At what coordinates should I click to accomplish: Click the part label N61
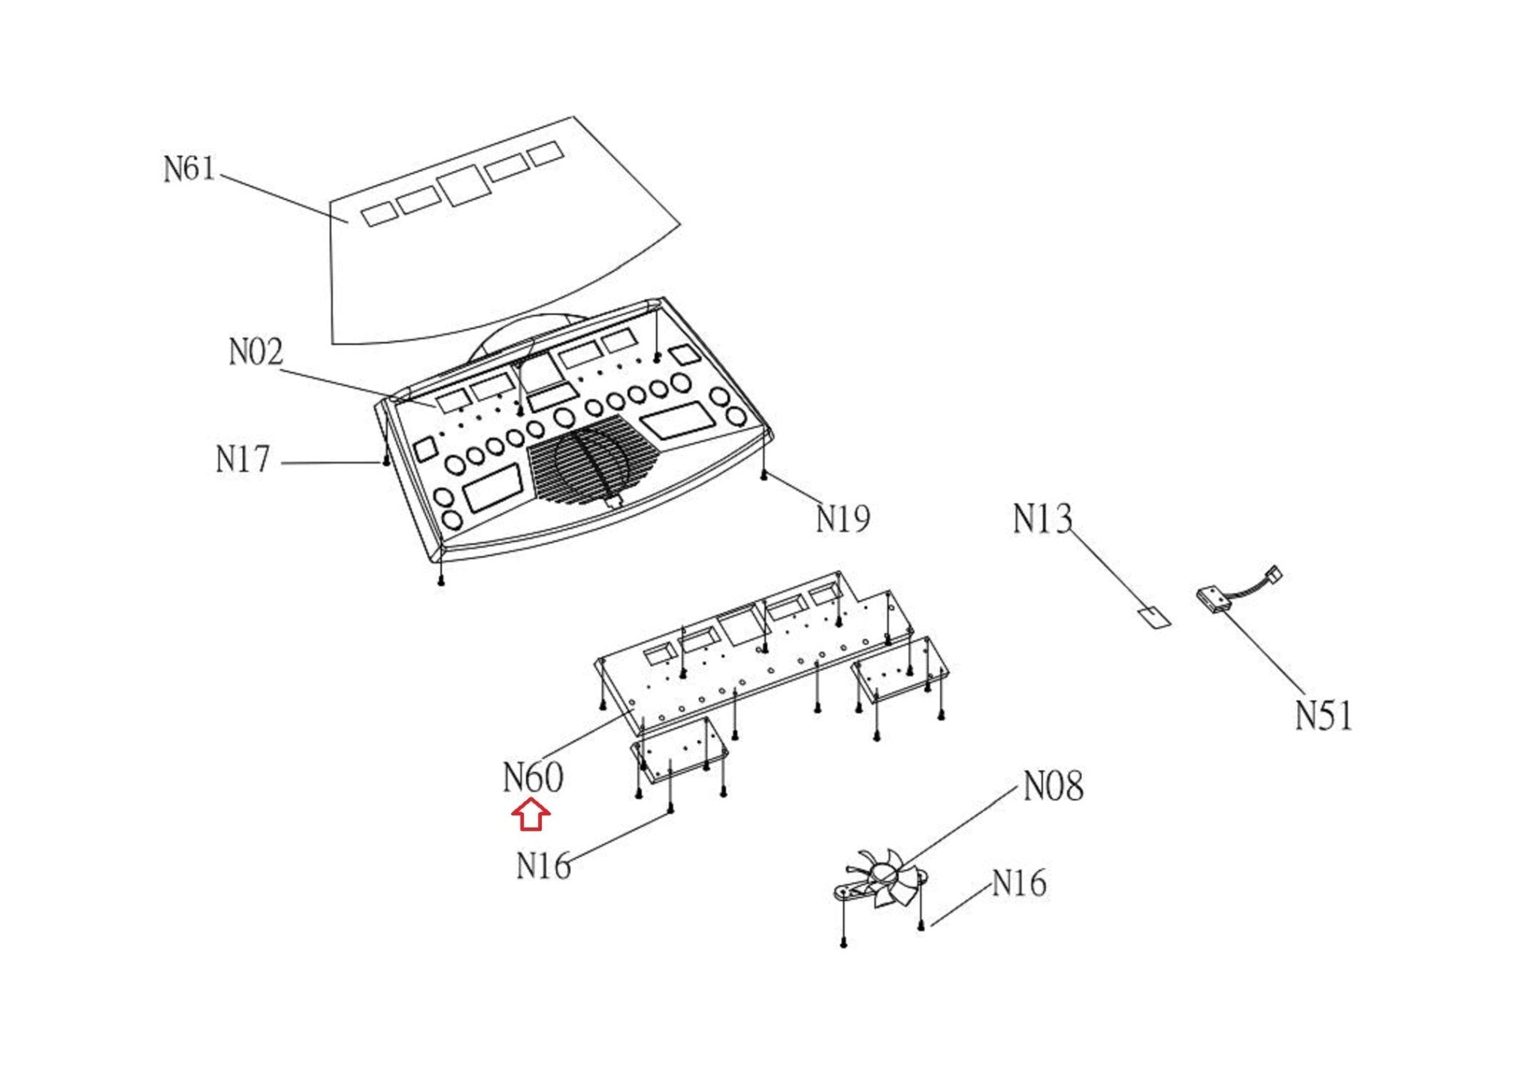189,168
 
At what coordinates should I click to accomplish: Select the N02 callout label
255,352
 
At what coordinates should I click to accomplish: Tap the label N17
242,459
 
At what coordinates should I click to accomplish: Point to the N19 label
843,519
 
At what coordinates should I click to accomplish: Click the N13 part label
1042,519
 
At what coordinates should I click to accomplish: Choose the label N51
1324,716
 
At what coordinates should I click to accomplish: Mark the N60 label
533,777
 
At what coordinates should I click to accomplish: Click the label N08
1054,787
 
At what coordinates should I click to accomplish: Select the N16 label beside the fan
1019,883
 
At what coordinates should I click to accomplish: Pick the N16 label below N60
543,866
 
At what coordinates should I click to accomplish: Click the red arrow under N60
531,815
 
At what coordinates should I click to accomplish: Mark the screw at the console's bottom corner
441,581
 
